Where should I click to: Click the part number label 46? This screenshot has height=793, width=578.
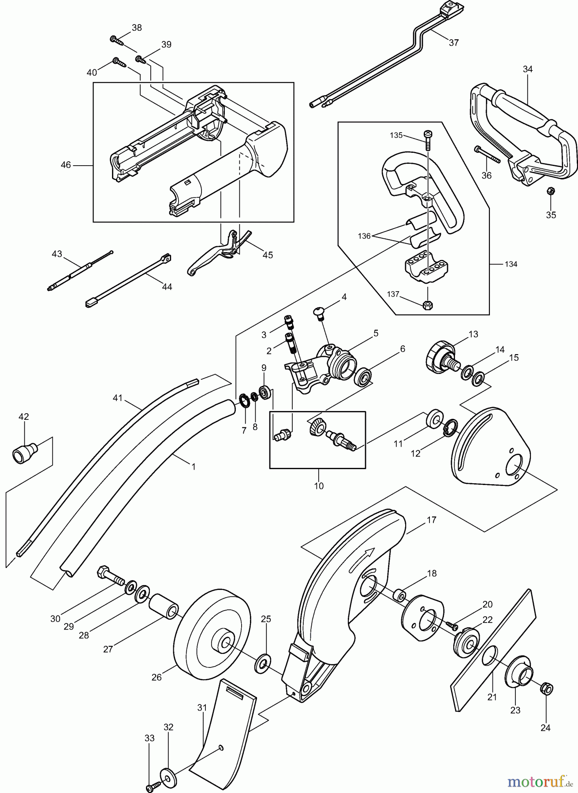(x=66, y=165)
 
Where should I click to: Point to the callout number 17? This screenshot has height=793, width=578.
(x=431, y=520)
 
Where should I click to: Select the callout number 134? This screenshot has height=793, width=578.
(x=511, y=264)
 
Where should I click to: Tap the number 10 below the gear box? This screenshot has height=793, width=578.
(x=319, y=486)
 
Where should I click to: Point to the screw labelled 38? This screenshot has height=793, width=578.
(x=118, y=41)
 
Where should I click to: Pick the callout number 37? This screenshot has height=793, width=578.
(x=454, y=43)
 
